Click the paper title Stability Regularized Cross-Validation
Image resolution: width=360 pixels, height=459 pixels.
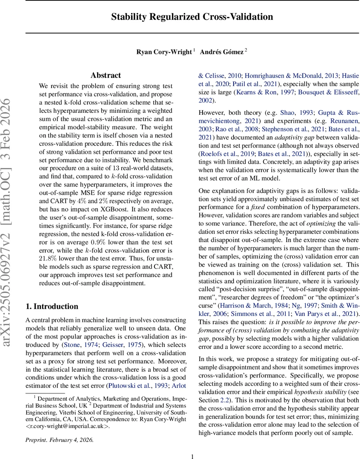pos(192,17)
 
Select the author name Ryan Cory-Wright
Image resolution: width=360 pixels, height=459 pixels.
pos(164,52)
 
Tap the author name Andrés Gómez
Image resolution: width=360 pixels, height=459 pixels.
pos(222,52)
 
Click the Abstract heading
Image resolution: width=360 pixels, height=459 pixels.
pos(106,75)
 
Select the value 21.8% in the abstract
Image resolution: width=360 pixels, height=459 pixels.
pos(48,258)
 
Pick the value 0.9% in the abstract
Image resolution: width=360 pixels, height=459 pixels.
pos(104,243)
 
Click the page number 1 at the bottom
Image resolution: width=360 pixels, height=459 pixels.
pos(192,456)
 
